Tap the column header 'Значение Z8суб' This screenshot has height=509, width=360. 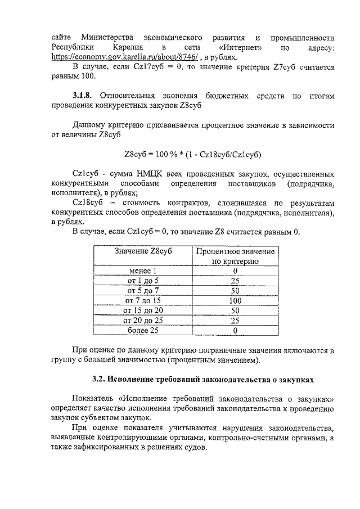pyautogui.click(x=143, y=251)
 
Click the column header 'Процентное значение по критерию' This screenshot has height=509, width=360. pyautogui.click(x=235, y=256)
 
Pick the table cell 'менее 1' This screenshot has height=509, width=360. pyautogui.click(x=143, y=271)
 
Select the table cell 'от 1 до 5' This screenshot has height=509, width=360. pyautogui.click(x=143, y=281)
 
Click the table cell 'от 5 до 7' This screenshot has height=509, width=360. pyautogui.click(x=143, y=291)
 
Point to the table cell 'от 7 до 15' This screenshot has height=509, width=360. pyautogui.click(x=143, y=300)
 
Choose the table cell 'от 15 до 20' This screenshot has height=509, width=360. pyautogui.click(x=143, y=310)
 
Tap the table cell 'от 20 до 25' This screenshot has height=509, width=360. pyautogui.click(x=143, y=320)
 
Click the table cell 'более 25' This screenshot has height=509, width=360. pyautogui.click(x=143, y=330)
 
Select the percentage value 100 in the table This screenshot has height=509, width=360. pyautogui.click(x=235, y=300)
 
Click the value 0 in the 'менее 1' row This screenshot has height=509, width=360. pyautogui.click(x=235, y=271)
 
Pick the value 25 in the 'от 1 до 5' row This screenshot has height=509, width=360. pyautogui.click(x=235, y=281)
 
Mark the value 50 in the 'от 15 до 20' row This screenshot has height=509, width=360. pyautogui.click(x=235, y=310)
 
